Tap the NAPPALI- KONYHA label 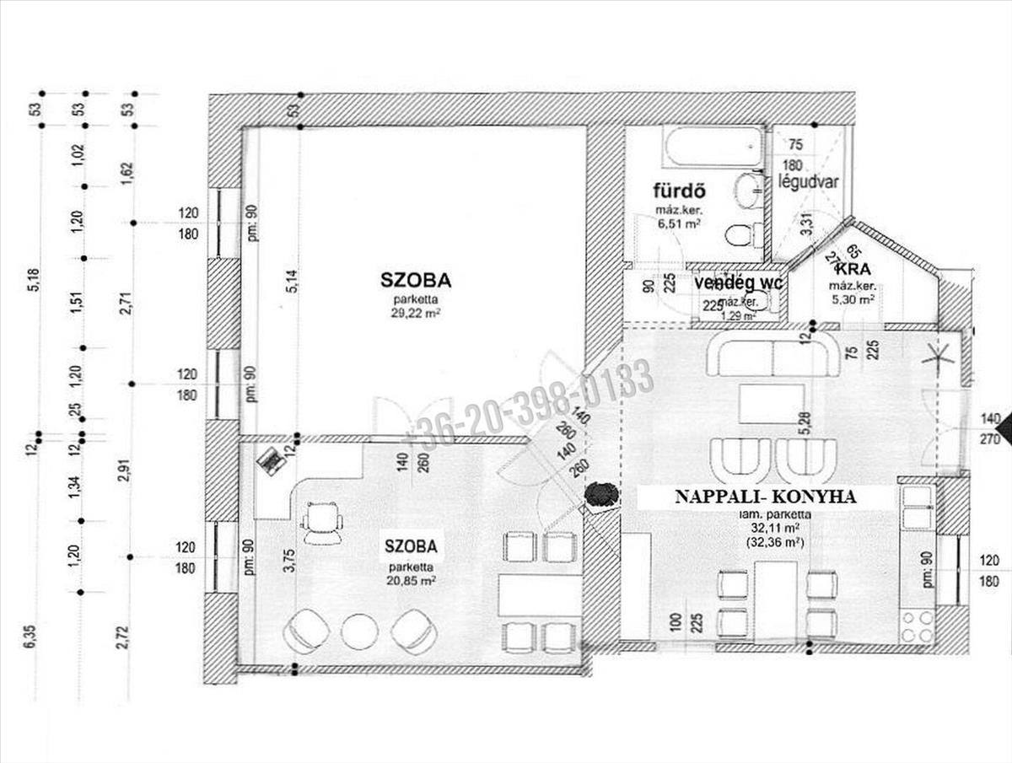765,497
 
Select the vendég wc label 739,283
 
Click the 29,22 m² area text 417,311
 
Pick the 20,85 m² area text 411,581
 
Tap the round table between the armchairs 360,631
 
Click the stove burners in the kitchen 918,626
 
